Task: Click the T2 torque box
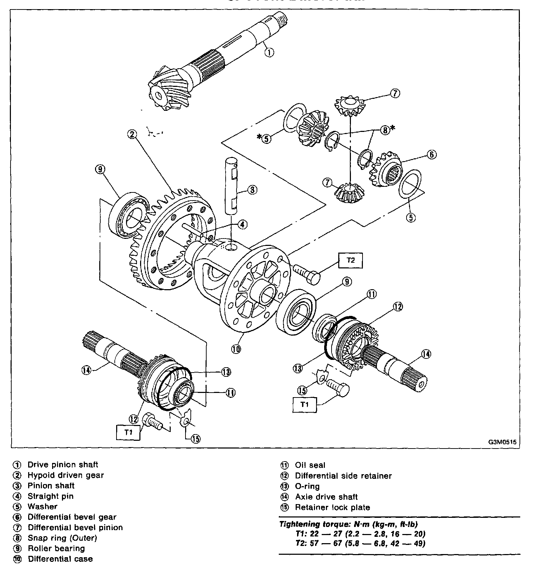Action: pyautogui.click(x=350, y=260)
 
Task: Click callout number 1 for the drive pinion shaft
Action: pyautogui.click(x=269, y=52)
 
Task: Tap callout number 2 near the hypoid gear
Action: pyautogui.click(x=132, y=134)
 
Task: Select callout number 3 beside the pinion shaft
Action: pyautogui.click(x=252, y=190)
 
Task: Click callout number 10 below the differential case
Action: pyautogui.click(x=236, y=349)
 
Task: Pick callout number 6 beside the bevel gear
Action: pyautogui.click(x=432, y=154)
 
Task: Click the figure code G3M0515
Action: pyautogui.click(x=502, y=442)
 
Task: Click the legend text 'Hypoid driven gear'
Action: pyautogui.click(x=66, y=475)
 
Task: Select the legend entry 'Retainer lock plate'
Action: pyautogui.click(x=333, y=507)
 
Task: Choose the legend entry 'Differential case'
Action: pyautogui.click(x=60, y=559)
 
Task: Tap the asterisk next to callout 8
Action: pyautogui.click(x=393, y=128)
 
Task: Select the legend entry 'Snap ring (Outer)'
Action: pyautogui.click(x=62, y=538)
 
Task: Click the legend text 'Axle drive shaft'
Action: pyautogui.click(x=326, y=497)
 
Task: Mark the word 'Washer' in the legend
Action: pyautogui.click(x=43, y=507)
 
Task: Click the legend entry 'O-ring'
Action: pyautogui.click(x=307, y=486)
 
